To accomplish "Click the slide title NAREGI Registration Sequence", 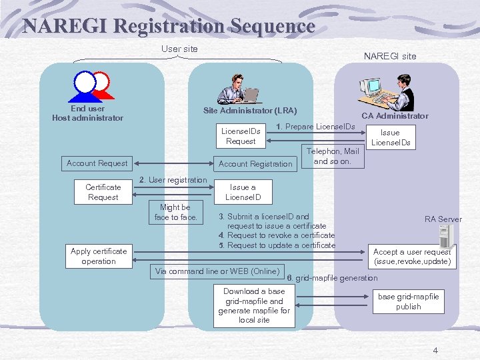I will coord(168,26).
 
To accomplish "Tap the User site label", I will coord(179,49).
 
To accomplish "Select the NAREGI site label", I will coord(389,56).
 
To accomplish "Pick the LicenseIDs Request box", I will coord(241,136).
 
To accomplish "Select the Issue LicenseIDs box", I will coord(391,137).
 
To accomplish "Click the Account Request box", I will coord(97,163).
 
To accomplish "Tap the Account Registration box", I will coord(255,164).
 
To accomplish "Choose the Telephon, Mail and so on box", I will coord(332,157).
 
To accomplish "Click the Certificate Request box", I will coord(103,192).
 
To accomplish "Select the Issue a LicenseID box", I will coord(243,192).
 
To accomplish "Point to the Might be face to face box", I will coord(176,212).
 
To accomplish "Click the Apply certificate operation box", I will coord(99,256).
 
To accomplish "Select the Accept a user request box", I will coord(412,257).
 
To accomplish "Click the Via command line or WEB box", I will coord(217,271).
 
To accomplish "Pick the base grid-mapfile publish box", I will coord(408,301).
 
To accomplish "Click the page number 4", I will coord(435,351).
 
